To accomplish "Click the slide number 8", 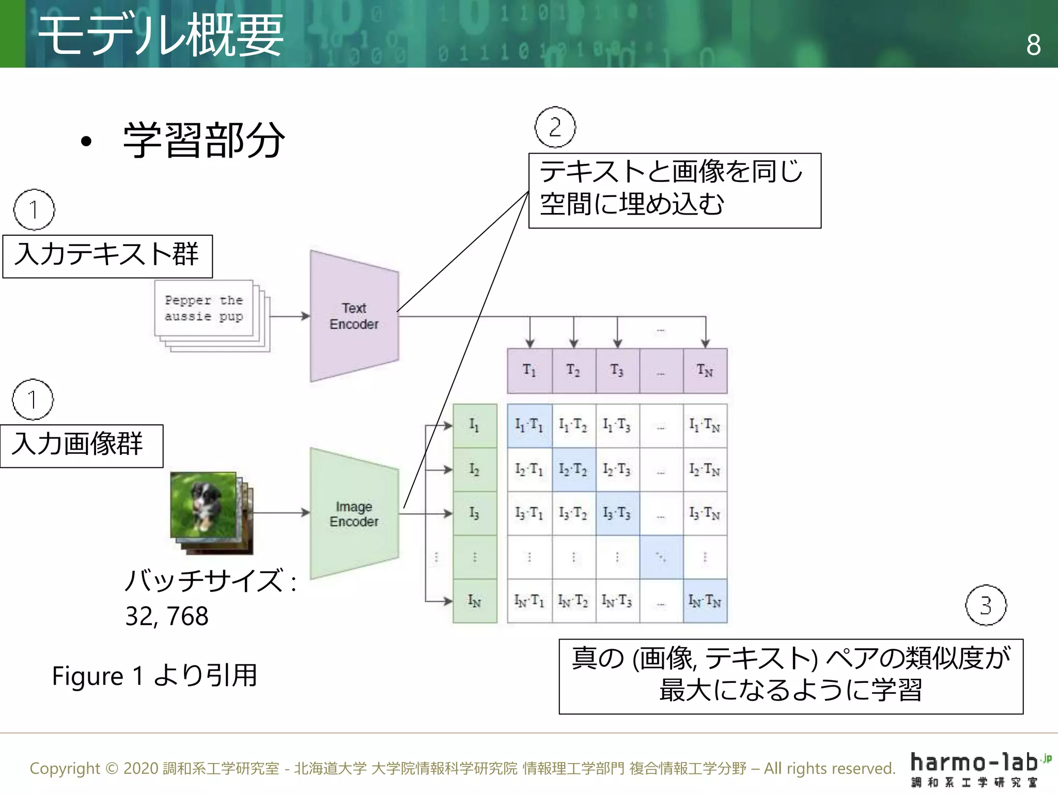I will click(1033, 45).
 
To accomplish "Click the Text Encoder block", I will click(354, 316).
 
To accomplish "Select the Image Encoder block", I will click(354, 514).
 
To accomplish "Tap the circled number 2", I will click(555, 127).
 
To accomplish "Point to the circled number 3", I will click(986, 605).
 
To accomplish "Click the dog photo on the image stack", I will click(204, 505).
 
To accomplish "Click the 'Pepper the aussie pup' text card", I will click(204, 308).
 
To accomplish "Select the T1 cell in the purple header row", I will click(530, 371).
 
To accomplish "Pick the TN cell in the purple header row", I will click(705, 371).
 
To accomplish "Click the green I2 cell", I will click(475, 469).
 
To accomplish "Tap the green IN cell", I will click(475, 601).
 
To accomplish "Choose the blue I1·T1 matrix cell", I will click(530, 425).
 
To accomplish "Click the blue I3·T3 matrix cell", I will click(617, 513).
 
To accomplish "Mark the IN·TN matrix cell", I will click(705, 601).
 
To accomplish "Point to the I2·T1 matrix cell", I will click(530, 469).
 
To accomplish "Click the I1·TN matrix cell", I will click(705, 425).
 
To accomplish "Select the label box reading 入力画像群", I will click(82, 446).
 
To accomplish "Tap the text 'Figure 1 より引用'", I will click(154, 676).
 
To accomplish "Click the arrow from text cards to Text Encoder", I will click(289, 316).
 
